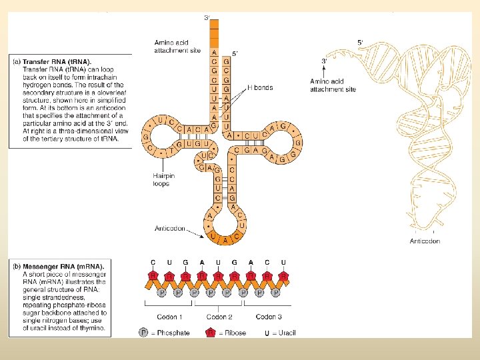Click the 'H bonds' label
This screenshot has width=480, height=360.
pyautogui.click(x=261, y=87)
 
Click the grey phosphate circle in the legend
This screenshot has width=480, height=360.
pyautogui.click(x=144, y=332)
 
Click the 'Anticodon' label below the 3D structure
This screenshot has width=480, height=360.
pyautogui.click(x=425, y=241)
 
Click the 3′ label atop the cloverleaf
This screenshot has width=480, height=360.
pyautogui.click(x=207, y=17)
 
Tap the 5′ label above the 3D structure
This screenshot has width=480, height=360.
pyautogui.click(x=360, y=41)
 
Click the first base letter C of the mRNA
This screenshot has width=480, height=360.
pyautogui.click(x=153, y=263)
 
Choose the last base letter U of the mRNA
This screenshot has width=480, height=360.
pyautogui.click(x=283, y=263)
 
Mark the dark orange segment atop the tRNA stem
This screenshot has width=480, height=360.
pyautogui.click(x=214, y=33)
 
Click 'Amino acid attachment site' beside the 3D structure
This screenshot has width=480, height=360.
pyautogui.click(x=333, y=85)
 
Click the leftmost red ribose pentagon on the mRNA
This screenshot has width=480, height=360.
pyautogui.click(x=153, y=276)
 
